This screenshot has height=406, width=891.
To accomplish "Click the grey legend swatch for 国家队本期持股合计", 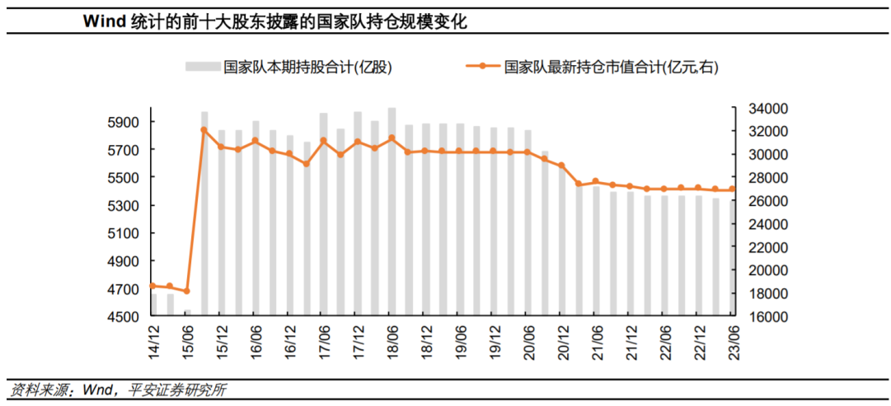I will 201,67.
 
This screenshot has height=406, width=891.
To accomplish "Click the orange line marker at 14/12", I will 153,286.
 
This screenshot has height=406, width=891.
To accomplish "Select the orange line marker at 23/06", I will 732,189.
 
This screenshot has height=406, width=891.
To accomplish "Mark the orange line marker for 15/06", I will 187,291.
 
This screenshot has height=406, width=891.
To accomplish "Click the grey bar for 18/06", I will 392,214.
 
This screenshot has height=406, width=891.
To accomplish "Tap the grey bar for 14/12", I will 153,305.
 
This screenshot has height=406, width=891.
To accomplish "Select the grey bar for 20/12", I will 562,247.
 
